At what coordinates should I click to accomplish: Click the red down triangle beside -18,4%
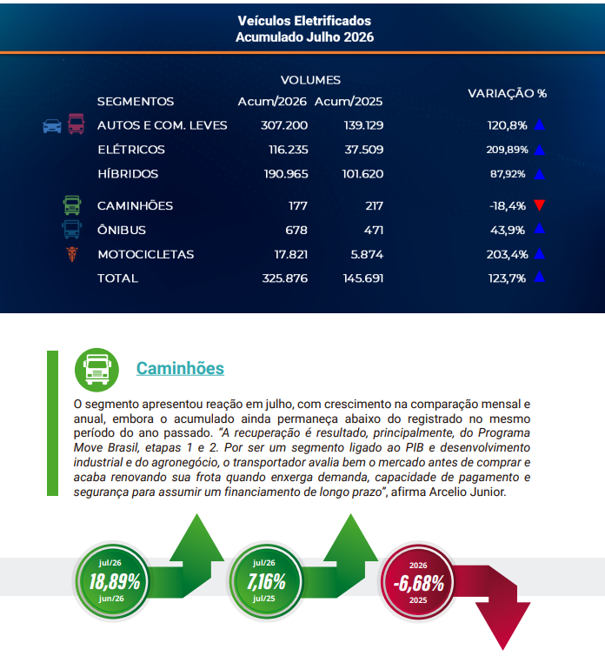tap(539, 205)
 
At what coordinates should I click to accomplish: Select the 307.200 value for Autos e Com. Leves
tap(284, 125)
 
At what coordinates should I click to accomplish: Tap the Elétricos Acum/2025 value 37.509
tap(363, 150)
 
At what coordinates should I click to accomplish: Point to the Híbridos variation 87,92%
tap(508, 174)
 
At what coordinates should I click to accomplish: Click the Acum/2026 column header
tap(272, 102)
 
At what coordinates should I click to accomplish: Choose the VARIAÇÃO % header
tap(507, 93)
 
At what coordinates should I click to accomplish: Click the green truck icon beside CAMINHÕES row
tap(72, 205)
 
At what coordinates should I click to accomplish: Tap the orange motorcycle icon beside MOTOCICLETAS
tap(72, 254)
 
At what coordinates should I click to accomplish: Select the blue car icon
tap(52, 126)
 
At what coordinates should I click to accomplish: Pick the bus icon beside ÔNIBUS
tap(72, 229)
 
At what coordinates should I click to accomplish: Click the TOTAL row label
tap(117, 278)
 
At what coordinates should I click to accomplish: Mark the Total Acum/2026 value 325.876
tap(285, 278)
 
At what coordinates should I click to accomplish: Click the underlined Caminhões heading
tap(180, 368)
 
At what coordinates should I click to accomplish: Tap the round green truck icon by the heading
tap(96, 370)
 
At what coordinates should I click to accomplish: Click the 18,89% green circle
tap(113, 581)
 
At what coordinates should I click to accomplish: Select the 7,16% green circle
tap(266, 581)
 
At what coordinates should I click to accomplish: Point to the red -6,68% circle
tap(418, 582)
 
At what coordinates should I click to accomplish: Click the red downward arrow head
tap(502, 624)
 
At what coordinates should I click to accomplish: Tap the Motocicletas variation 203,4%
tap(507, 254)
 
